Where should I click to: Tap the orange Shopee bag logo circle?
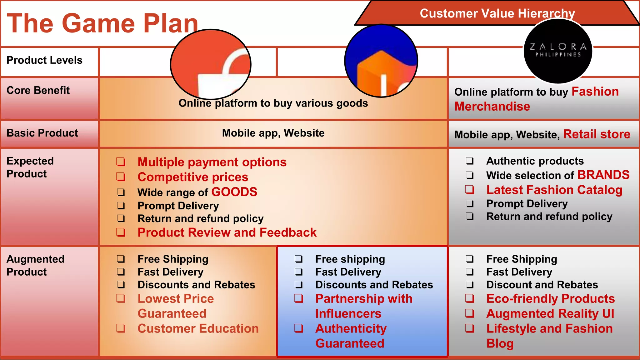[x=211, y=64]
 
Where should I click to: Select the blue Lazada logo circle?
[x=381, y=61]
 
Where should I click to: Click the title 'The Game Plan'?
[x=102, y=23]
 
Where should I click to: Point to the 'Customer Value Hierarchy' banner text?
[x=497, y=13]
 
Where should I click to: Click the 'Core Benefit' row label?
[x=38, y=91]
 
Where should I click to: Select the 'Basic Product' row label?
[x=42, y=133]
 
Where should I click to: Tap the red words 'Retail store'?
[x=597, y=134]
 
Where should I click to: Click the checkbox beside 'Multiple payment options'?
[x=121, y=162]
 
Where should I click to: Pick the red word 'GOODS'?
[x=234, y=192]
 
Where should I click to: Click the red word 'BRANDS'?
[x=603, y=175]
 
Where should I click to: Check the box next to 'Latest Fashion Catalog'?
[x=469, y=190]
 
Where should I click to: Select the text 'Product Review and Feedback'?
[x=227, y=232]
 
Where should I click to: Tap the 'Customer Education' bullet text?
[x=198, y=328]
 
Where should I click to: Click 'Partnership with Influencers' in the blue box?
[x=364, y=306]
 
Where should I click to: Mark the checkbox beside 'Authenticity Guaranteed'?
[x=298, y=328]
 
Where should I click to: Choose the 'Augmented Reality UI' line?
[x=550, y=313]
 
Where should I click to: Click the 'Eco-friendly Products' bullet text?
[x=550, y=299]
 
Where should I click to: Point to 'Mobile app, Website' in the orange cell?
[x=273, y=133]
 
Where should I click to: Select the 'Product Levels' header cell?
[x=44, y=60]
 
